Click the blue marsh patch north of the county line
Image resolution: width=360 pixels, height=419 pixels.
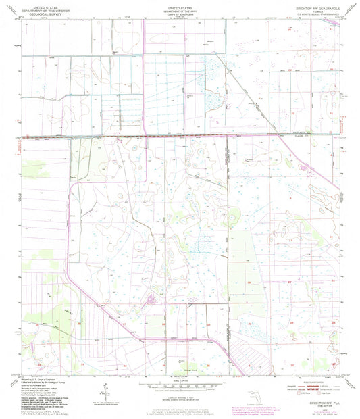(215, 88)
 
